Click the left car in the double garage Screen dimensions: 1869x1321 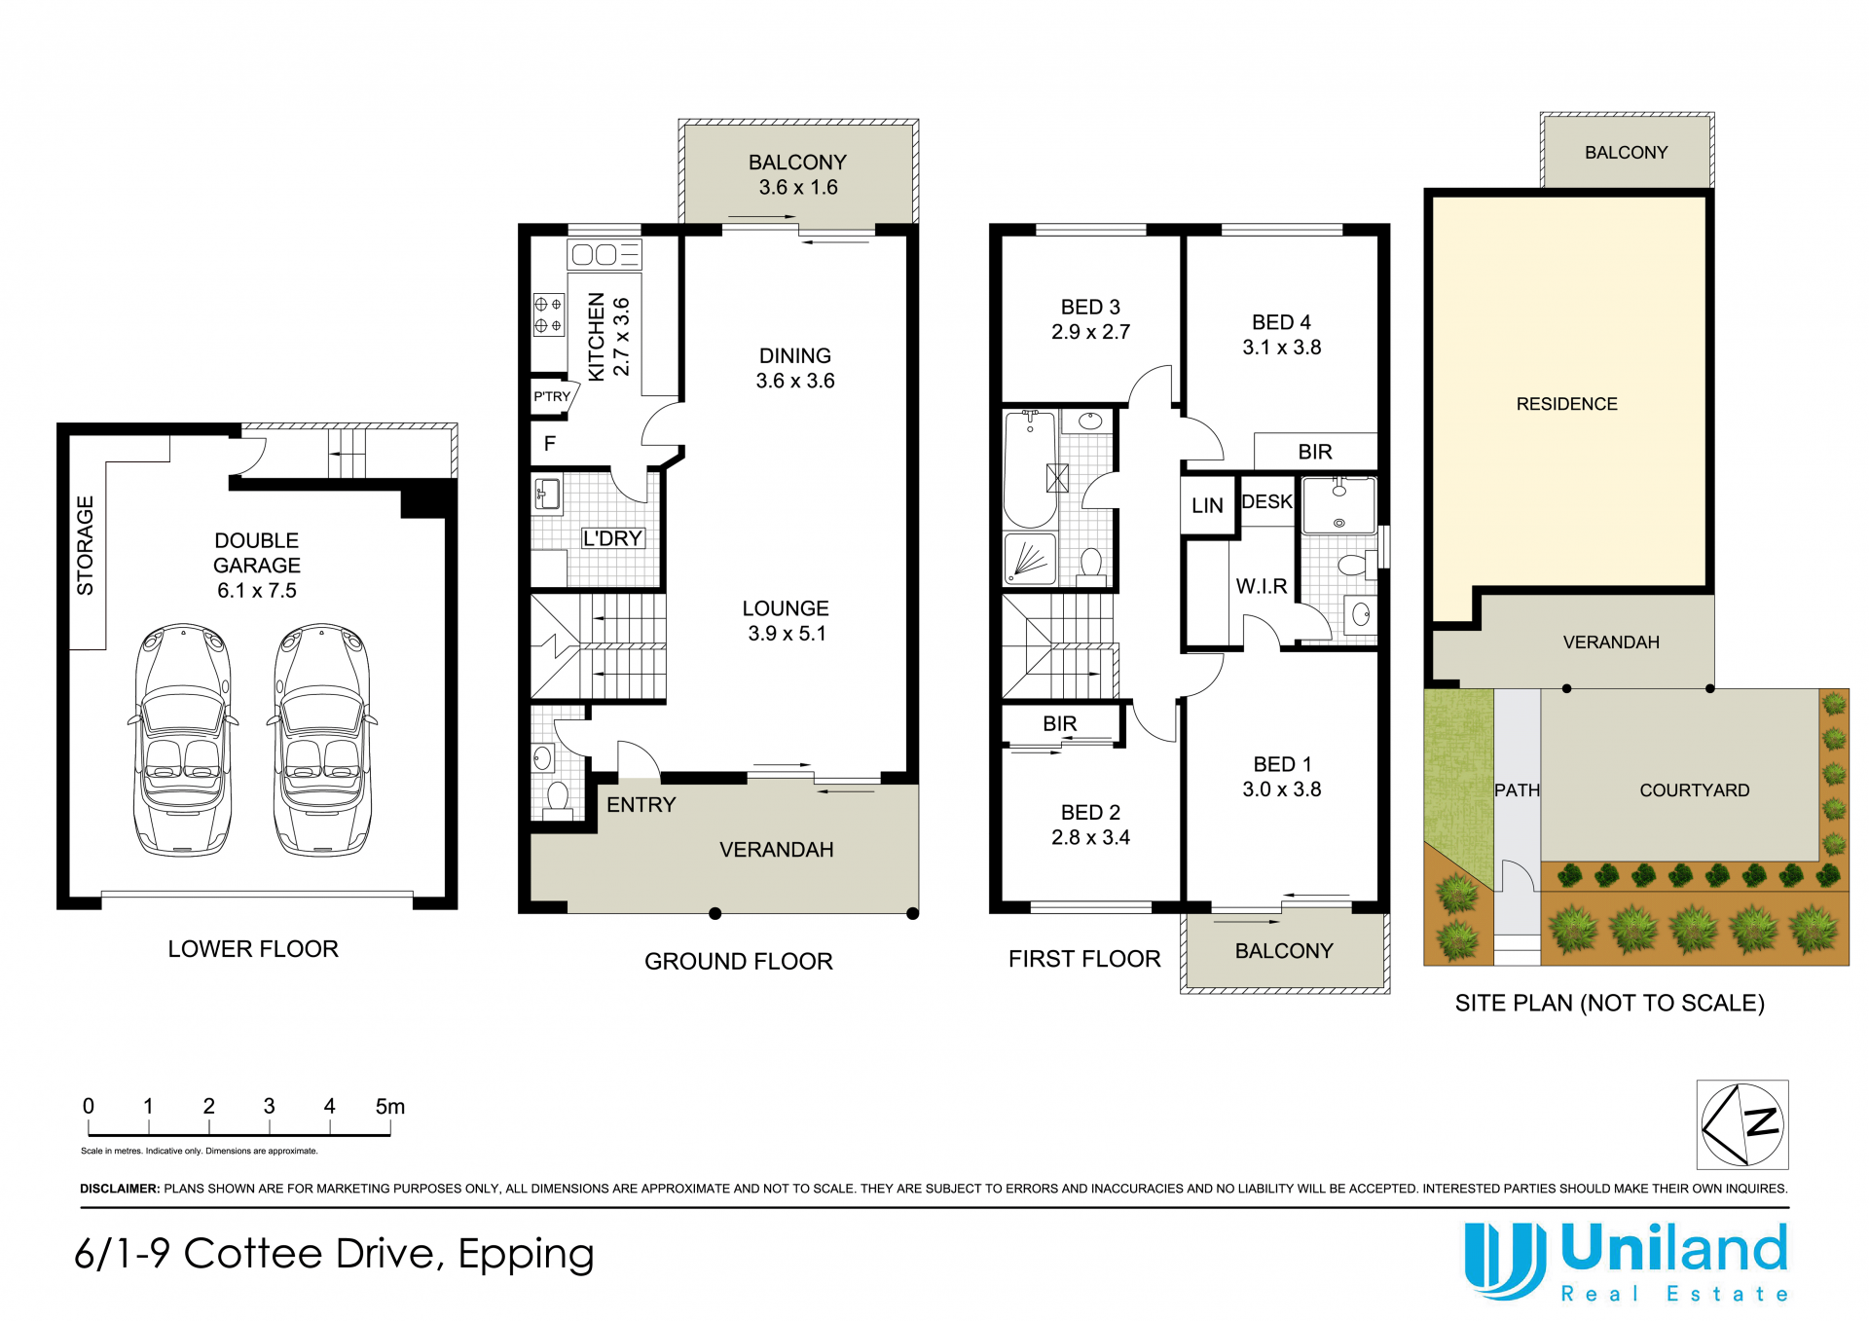click(183, 740)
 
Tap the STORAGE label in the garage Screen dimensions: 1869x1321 click(86, 545)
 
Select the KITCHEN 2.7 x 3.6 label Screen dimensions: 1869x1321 click(608, 337)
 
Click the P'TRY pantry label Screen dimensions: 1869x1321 click(552, 396)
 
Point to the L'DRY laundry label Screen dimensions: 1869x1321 click(612, 538)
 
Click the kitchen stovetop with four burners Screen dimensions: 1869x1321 click(548, 314)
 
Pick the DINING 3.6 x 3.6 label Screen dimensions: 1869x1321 click(795, 368)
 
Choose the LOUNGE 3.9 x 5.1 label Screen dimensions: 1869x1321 click(786, 620)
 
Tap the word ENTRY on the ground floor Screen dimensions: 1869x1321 click(641, 805)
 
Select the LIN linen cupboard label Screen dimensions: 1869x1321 click(1207, 506)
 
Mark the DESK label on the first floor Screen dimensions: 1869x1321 click(1266, 501)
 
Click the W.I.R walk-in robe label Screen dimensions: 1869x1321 click(1262, 586)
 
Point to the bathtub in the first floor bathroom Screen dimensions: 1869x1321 click(1030, 468)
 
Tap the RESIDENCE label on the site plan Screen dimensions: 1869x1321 click(1566, 404)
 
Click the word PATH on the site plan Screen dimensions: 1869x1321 click(1517, 790)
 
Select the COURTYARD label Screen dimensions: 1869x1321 click(1694, 790)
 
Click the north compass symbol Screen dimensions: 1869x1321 click(1742, 1124)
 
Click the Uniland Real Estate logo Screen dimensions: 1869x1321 click(1627, 1262)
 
